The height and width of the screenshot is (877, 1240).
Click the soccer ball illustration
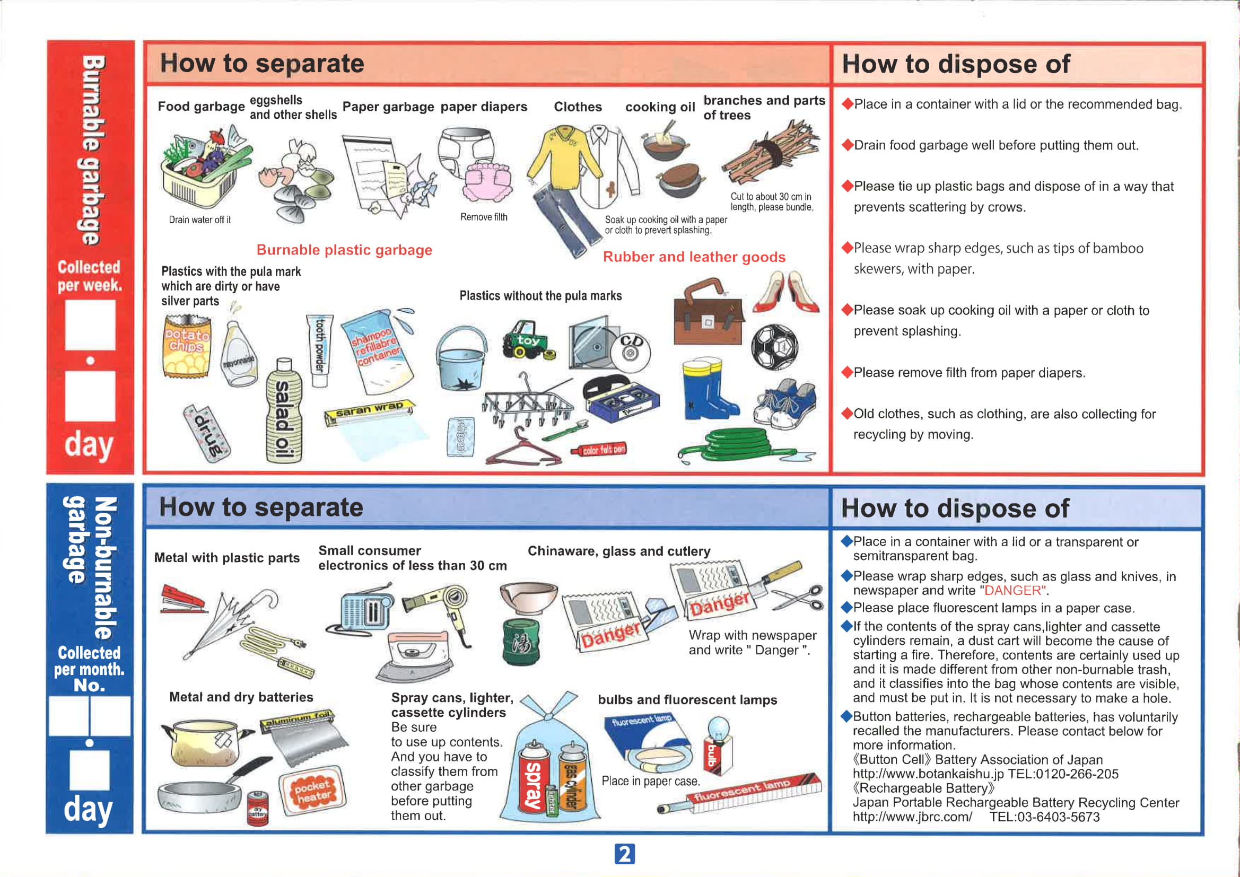pyautogui.click(x=774, y=346)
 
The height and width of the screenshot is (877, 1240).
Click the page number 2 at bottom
pyautogui.click(x=624, y=854)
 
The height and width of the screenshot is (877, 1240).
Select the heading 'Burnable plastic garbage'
pyautogui.click(x=344, y=250)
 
